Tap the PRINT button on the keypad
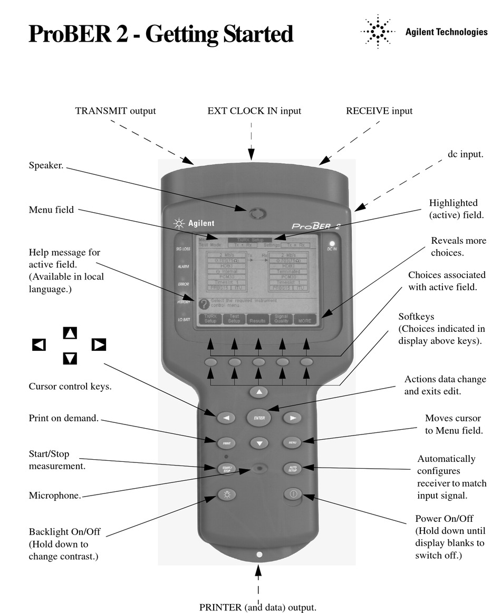pyautogui.click(x=226, y=443)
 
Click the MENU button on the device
pyautogui.click(x=292, y=442)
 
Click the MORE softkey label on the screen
pyautogui.click(x=304, y=319)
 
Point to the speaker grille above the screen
pyautogui.click(x=258, y=214)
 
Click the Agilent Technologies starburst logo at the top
pyautogui.click(x=378, y=33)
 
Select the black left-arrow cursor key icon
pyautogui.click(x=39, y=345)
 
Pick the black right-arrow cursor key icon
pyautogui.click(x=99, y=345)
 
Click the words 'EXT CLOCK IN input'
pyautogui.click(x=254, y=111)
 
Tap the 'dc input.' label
pyautogui.click(x=463, y=154)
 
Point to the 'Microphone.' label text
pyautogui.click(x=55, y=496)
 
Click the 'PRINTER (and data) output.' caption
pyautogui.click(x=258, y=607)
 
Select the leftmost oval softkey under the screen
pyautogui.click(x=211, y=362)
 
